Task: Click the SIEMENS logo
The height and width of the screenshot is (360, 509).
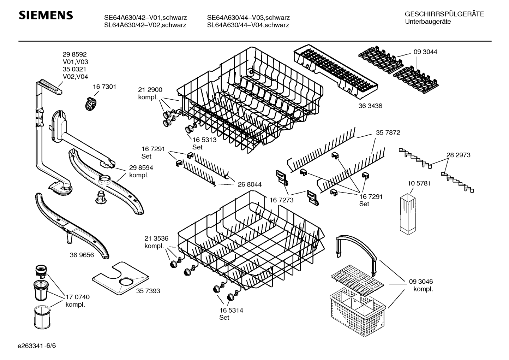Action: point(46,15)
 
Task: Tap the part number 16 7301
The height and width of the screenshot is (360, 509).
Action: point(104,87)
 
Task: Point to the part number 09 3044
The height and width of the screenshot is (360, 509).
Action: point(425,52)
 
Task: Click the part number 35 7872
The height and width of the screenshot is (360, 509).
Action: point(388,133)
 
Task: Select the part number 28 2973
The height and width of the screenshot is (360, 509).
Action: point(458,155)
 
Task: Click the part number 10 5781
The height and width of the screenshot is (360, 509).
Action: point(419,183)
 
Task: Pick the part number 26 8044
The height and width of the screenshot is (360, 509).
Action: point(250,184)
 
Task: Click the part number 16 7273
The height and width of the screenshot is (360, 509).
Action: point(282,200)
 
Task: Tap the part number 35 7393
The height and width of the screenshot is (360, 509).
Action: point(148,291)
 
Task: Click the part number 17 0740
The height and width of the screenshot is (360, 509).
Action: point(78,297)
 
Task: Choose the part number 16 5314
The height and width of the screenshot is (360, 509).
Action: point(231,310)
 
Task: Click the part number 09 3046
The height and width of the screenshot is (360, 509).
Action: point(421,282)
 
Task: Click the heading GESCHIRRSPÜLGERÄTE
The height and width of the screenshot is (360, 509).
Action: point(444,14)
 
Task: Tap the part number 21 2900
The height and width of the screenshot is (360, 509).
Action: point(150,90)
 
